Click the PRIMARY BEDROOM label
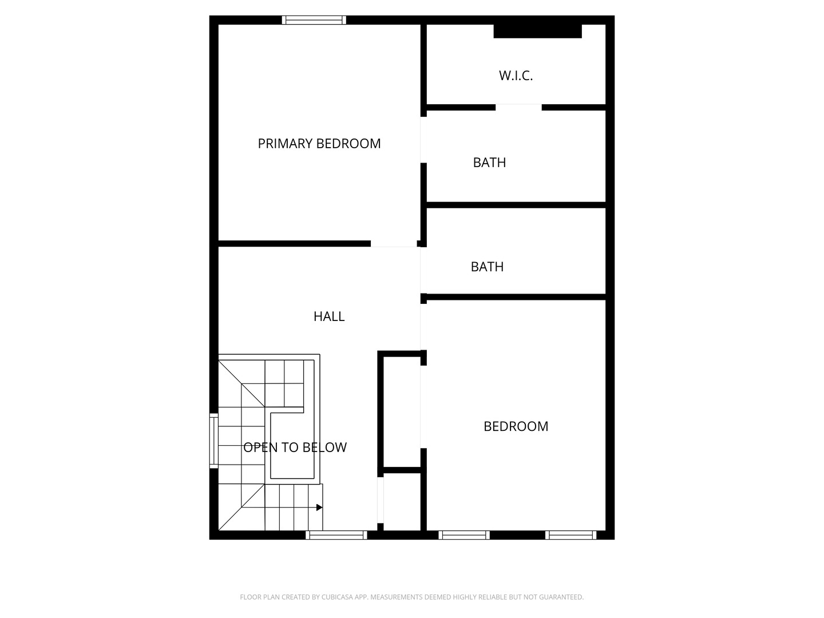(x=319, y=144)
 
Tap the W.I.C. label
(x=516, y=76)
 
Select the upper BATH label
(x=489, y=163)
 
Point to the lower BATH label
(x=487, y=267)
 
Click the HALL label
(x=329, y=316)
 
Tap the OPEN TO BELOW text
(x=295, y=447)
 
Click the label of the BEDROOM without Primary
(x=516, y=426)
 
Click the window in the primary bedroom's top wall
(x=314, y=20)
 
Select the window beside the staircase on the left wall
(x=214, y=441)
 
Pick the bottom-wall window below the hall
(x=336, y=535)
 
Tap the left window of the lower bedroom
(x=464, y=535)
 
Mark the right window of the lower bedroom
(x=571, y=535)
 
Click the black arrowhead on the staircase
(x=319, y=508)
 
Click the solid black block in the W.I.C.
(x=537, y=31)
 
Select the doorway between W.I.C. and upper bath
(x=518, y=107)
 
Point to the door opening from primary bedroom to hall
(x=394, y=244)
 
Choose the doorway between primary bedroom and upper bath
(x=423, y=140)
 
